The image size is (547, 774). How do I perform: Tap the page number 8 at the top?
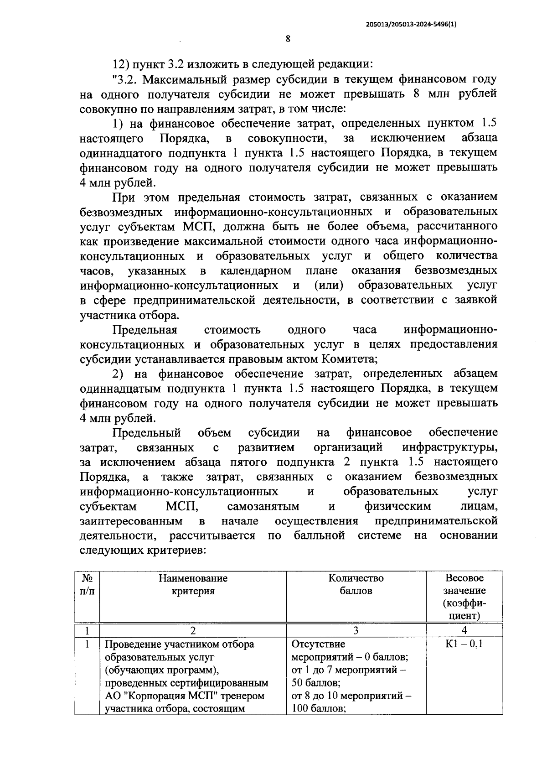click(288, 39)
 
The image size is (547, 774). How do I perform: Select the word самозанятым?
click(263, 506)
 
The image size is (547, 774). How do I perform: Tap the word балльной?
click(319, 535)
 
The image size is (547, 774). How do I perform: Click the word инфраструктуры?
click(449, 447)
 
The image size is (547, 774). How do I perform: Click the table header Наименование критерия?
click(193, 584)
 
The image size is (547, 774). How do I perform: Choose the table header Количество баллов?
click(356, 584)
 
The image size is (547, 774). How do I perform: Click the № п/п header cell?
click(87, 584)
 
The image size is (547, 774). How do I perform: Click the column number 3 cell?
click(356, 630)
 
